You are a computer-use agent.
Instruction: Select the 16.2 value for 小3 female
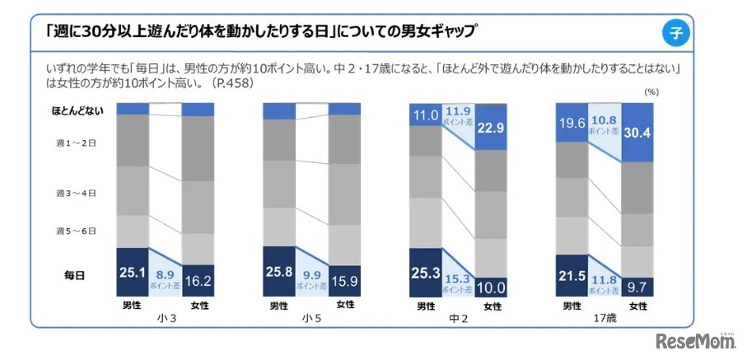198,280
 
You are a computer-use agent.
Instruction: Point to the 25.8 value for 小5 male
278,269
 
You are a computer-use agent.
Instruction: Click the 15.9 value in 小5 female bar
344,280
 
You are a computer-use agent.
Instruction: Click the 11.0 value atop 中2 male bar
425,115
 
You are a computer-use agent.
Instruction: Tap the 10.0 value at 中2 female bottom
491,287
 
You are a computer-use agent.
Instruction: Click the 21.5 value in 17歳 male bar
572,274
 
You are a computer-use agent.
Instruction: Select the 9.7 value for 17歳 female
637,288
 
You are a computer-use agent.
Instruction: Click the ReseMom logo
694,339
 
